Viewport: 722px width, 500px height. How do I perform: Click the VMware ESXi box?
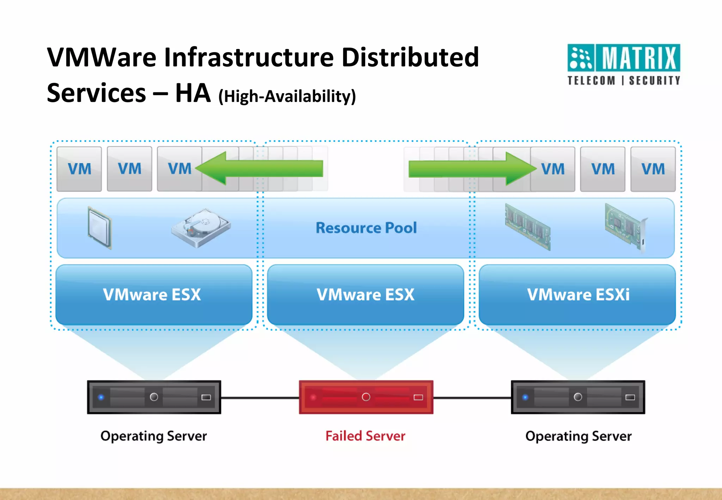pos(577,295)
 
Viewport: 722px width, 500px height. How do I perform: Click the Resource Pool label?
pos(366,228)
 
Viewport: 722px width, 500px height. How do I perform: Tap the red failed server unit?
pos(366,397)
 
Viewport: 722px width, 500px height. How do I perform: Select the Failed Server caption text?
pos(365,436)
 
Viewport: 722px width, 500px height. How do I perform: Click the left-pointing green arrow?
pos(259,168)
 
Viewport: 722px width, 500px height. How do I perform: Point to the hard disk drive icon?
pos(201,227)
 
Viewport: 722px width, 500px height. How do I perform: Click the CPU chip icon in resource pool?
pos(100,227)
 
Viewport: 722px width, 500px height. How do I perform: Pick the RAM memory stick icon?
pos(527,226)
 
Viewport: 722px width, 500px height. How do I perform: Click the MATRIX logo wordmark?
pos(638,58)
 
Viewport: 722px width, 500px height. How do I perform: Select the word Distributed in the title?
pos(410,57)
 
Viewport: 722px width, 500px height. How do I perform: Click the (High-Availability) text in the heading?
pos(287,96)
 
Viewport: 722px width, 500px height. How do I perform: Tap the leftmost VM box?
pos(79,169)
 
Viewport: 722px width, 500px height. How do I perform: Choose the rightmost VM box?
pos(653,169)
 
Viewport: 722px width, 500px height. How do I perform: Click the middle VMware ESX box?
pos(366,295)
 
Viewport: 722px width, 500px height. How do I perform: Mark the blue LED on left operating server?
pos(101,397)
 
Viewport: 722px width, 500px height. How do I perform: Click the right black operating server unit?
pos(578,397)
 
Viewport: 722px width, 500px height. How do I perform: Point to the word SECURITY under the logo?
pos(654,81)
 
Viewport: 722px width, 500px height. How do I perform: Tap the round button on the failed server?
pos(366,397)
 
